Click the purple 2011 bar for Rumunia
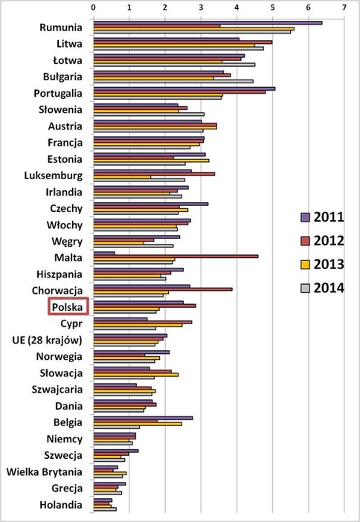[207, 22]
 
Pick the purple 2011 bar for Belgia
[143, 418]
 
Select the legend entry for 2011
[322, 216]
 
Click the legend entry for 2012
[322, 240]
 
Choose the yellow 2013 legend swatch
[305, 264]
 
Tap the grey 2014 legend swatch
[305, 289]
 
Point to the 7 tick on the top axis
[344, 7]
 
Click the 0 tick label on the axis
[94, 7]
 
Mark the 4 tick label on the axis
[237, 7]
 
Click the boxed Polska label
[68, 306]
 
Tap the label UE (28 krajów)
[48, 340]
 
